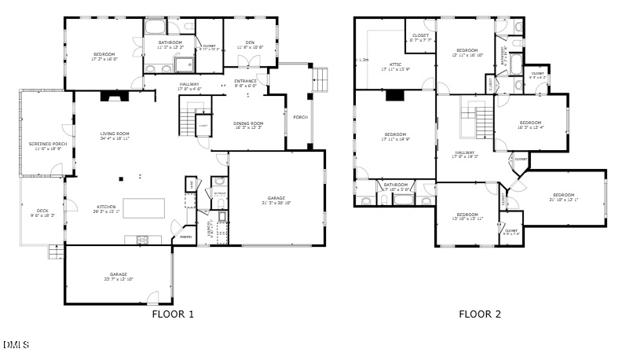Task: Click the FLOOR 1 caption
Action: [172, 314]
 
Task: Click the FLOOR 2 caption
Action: [479, 314]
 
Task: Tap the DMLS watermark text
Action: [16, 344]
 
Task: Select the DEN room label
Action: [250, 44]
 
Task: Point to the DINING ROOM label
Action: [249, 123]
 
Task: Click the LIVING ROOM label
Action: [115, 134]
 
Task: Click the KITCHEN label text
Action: [106, 208]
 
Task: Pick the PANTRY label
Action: [186, 236]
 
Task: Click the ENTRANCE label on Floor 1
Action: [245, 81]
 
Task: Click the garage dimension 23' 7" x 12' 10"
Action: [118, 279]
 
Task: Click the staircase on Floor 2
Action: [481, 118]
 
